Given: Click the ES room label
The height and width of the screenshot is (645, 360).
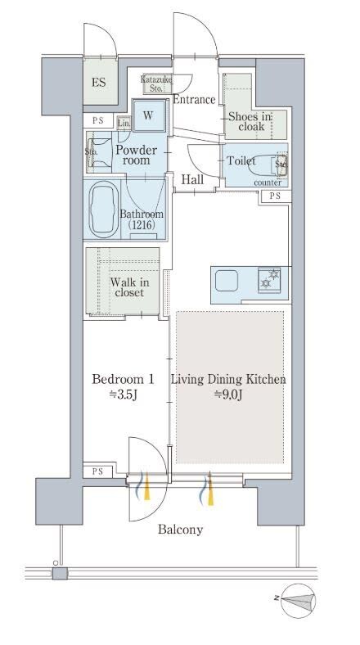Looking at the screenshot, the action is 99,83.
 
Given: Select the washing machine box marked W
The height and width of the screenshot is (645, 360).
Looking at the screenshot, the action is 148,115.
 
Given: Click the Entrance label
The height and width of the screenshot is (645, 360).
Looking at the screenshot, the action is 194,100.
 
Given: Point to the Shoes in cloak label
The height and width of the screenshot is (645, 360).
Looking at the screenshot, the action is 250,122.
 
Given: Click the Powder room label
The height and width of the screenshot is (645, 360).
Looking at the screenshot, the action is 136,155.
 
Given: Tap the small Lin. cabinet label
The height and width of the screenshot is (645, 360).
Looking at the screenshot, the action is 124,123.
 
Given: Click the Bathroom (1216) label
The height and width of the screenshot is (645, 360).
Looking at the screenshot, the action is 142,219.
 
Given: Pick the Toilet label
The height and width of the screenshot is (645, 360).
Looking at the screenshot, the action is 241,160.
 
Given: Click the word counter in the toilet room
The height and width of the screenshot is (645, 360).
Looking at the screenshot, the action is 268,183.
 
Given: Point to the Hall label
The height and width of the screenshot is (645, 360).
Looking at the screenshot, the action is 192,180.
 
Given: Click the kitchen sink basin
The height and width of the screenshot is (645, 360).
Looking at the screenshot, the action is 227,281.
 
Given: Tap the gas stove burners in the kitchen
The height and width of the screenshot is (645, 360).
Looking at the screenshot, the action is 269,279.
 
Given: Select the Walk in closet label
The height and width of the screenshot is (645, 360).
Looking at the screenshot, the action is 129,287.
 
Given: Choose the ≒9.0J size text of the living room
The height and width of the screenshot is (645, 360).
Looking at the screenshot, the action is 227,395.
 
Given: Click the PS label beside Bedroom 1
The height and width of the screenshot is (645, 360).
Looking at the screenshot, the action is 97,471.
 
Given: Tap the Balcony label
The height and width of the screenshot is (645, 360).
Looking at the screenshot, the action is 181,530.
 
